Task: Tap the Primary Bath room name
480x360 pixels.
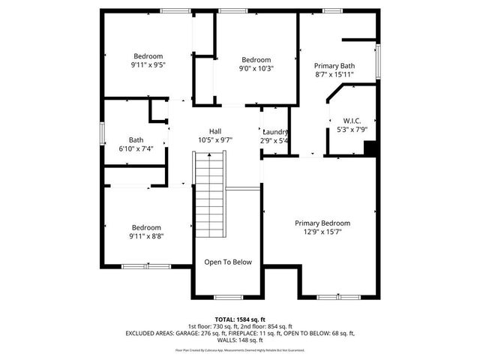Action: pos(334,65)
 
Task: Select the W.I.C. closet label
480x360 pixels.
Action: pos(352,121)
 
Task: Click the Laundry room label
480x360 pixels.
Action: pos(275,132)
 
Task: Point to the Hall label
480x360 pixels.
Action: pos(214,130)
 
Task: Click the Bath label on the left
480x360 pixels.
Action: pos(136,139)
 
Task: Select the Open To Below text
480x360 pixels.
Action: pos(228,262)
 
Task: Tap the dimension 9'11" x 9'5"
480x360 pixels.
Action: pos(148,65)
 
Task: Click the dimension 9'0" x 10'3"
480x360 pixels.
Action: pos(256,69)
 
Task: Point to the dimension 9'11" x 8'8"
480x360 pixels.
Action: pos(147,236)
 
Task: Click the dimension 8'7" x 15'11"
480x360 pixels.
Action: pos(334,74)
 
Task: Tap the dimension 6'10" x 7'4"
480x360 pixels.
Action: pos(136,148)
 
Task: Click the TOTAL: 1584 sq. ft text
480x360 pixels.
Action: pos(240,319)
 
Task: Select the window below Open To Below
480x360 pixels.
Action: pos(228,296)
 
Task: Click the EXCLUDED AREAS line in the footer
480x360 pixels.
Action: pos(240,332)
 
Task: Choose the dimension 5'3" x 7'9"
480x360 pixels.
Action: pos(352,130)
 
